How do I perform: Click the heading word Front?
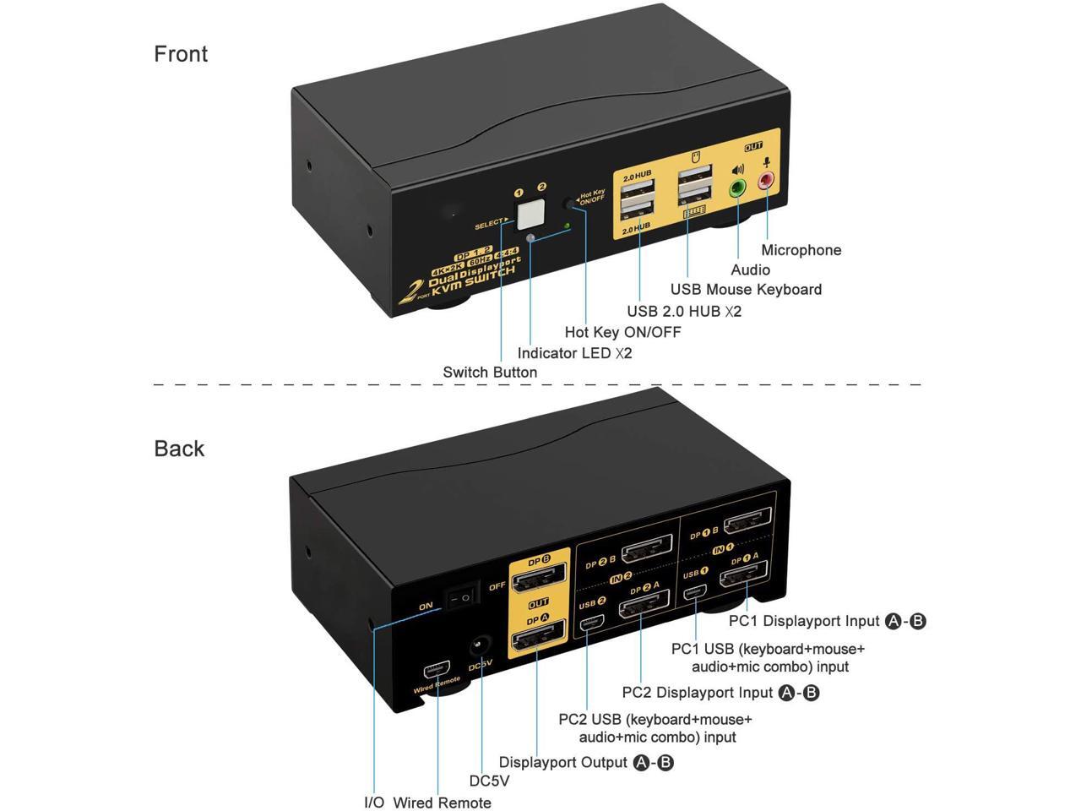coord(181,54)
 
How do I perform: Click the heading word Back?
coord(179,449)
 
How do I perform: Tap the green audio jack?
coord(738,188)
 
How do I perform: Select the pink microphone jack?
coord(767,180)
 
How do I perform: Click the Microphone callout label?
coord(801,250)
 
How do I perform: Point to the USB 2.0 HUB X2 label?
coord(683,311)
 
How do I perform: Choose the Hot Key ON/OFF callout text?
coord(622,332)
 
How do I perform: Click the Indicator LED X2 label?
coord(574,353)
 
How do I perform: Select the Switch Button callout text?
coord(490,373)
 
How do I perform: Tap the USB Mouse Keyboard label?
coord(746,290)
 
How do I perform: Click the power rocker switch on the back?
coord(462,596)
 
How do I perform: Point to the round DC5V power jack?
coord(481,646)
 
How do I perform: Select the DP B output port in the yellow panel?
coord(540,582)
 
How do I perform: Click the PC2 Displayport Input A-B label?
coord(720,693)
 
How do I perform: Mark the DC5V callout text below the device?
coord(489,781)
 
